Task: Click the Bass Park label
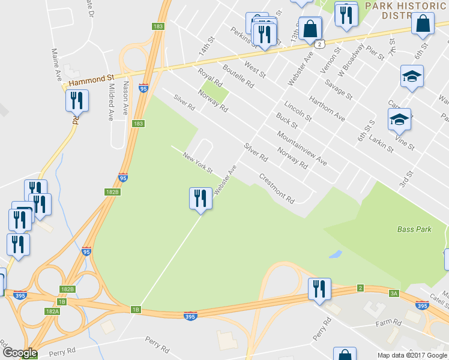coord(414,229)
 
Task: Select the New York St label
coord(198,163)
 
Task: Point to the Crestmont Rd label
coord(277,187)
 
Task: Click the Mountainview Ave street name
coord(303,148)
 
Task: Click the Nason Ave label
coord(125,99)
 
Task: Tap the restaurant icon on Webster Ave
coord(200,199)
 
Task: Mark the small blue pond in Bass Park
coord(336,254)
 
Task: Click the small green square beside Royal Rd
coord(218,94)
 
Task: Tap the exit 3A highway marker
coord(394,293)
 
